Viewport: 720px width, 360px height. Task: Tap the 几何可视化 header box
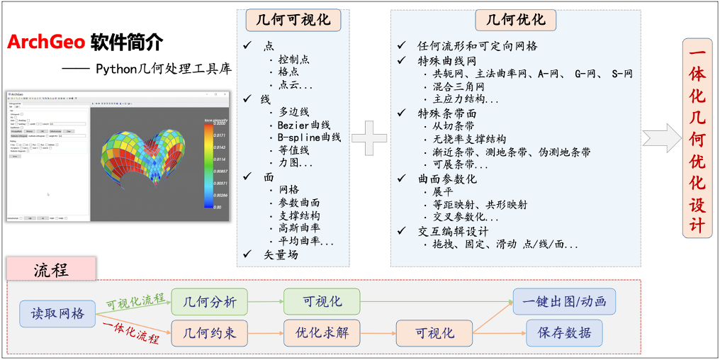point(293,20)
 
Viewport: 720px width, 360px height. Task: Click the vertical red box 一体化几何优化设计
point(697,137)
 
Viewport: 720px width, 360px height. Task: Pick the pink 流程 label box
point(51,269)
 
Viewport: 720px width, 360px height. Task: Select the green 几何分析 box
point(210,301)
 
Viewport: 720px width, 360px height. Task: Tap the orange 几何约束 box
point(210,332)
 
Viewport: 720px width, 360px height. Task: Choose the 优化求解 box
point(322,332)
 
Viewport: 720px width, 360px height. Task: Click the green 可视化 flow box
point(322,301)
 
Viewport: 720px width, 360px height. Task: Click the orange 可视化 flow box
point(434,332)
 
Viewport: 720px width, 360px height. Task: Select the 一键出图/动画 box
point(564,301)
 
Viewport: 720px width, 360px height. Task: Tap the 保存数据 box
point(564,332)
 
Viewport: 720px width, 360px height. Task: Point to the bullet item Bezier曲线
point(304,125)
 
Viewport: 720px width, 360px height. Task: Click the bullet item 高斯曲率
point(298,228)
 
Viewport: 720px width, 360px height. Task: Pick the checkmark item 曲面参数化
point(447,179)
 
